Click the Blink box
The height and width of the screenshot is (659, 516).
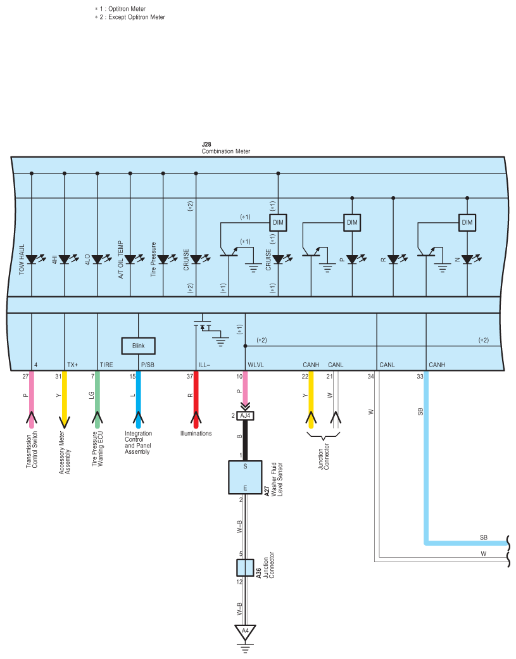pos(138,346)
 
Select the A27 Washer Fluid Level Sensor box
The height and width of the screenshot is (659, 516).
pos(245,477)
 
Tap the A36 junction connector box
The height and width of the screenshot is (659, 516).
pos(245,568)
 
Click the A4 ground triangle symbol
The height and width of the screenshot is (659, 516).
pos(245,632)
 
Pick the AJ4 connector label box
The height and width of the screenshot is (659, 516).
pos(246,416)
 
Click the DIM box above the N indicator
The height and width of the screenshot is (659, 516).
pos(467,222)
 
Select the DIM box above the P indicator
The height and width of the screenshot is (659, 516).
pos(352,222)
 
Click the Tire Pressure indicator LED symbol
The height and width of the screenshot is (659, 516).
pos(167,259)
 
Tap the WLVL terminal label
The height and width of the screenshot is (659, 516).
pos(256,365)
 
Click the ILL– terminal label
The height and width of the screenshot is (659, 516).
pos(205,365)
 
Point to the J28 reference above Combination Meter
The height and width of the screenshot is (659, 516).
pos(206,144)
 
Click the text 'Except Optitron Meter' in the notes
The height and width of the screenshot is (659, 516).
pos(137,17)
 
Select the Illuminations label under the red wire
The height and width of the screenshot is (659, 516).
pos(196,433)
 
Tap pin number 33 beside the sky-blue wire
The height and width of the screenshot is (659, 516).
pos(420,377)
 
